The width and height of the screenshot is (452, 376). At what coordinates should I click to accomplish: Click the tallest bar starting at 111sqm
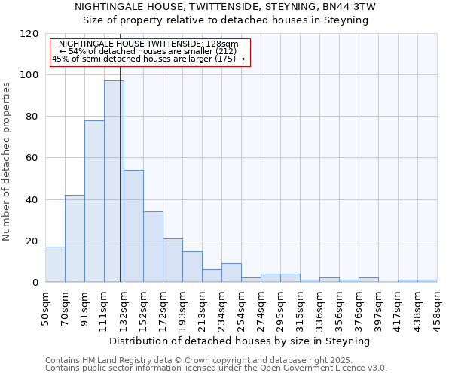coord(114,181)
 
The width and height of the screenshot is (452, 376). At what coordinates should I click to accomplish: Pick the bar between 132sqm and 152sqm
coord(133,226)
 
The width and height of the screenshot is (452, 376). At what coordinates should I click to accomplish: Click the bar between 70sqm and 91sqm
coord(75,238)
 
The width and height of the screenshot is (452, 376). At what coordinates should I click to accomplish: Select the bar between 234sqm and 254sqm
coord(231,273)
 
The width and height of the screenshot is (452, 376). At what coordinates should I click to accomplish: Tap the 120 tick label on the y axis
coord(30,34)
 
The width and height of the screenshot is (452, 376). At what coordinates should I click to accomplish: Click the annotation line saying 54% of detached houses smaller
coord(148,51)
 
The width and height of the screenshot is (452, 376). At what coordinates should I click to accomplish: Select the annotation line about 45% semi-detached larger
coord(148,59)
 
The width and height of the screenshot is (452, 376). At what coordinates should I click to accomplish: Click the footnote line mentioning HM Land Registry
coord(193,360)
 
